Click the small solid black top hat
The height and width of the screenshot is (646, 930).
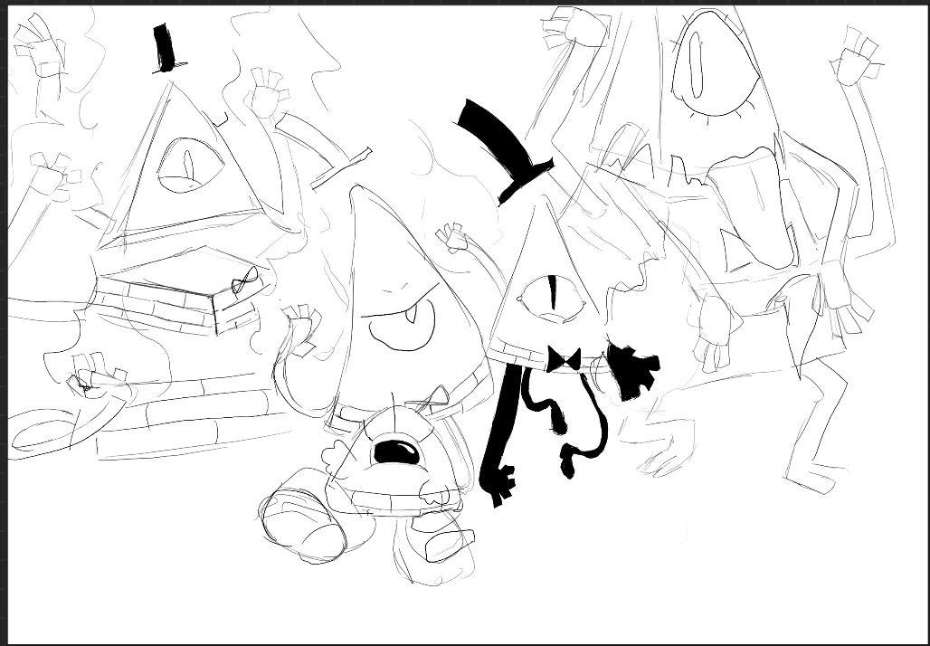pyautogui.click(x=165, y=48)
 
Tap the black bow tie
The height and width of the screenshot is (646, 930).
pyautogui.click(x=563, y=359)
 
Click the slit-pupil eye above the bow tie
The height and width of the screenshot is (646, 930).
pyautogui.click(x=550, y=296)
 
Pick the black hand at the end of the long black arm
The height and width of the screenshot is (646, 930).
pyautogui.click(x=499, y=485)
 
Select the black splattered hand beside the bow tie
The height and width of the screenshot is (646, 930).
pyautogui.click(x=633, y=367)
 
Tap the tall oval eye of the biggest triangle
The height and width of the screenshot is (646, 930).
pyautogui.click(x=697, y=64)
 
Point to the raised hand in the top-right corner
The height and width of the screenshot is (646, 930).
pyautogui.click(x=856, y=59)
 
